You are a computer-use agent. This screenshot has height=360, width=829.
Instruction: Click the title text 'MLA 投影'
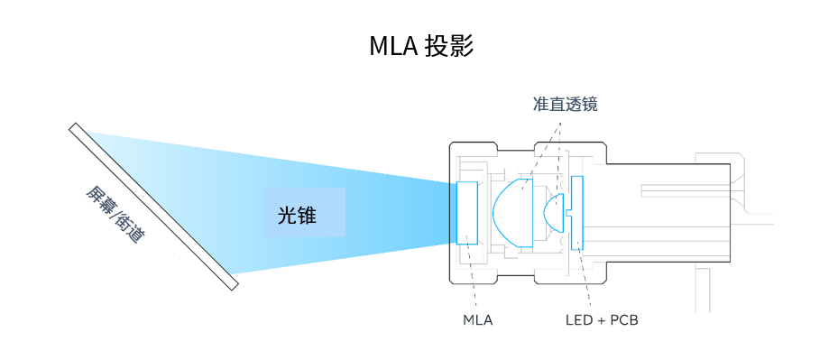click(x=420, y=46)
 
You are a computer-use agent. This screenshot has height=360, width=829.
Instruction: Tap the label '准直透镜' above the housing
click(x=565, y=105)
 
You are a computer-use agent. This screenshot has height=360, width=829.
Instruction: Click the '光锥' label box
click(x=304, y=213)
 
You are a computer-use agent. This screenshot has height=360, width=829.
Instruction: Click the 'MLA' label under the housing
click(x=477, y=319)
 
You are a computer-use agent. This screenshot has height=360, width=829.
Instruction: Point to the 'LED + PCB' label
click(x=601, y=319)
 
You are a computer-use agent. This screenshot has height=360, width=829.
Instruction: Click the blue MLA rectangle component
click(x=468, y=213)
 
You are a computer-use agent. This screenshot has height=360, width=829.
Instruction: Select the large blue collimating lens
click(x=511, y=213)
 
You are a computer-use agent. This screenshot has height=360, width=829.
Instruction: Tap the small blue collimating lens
click(x=556, y=214)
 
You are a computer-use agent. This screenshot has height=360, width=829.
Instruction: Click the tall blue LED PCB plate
click(x=577, y=213)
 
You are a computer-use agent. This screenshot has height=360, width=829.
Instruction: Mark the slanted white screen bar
click(x=153, y=207)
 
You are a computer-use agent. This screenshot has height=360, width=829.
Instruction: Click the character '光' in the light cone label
click(x=286, y=214)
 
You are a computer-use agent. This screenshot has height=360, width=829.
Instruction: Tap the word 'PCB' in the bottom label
click(x=623, y=319)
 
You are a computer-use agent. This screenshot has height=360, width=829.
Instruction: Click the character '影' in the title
click(x=461, y=46)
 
